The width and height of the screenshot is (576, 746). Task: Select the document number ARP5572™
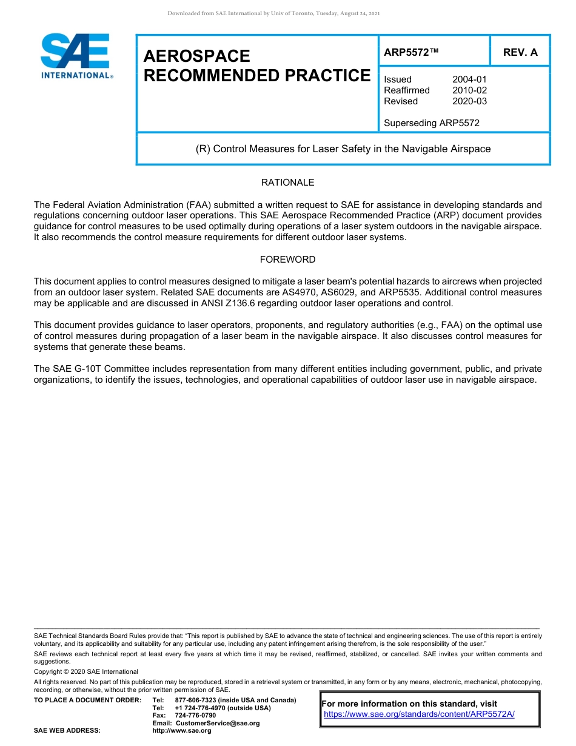tap(410, 53)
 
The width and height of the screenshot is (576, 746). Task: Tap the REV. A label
tap(520, 53)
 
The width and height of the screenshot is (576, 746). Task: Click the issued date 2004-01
tap(469, 79)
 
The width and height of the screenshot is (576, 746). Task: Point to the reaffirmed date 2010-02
tap(469, 90)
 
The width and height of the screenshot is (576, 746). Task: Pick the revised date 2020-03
tap(469, 101)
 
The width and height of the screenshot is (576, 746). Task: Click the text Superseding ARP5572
tap(432, 123)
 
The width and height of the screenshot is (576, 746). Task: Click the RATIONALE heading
tap(287, 183)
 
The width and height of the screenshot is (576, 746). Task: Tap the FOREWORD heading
tap(287, 260)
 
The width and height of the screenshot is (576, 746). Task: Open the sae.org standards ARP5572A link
tap(419, 714)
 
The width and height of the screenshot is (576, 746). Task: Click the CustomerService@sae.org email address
tap(217, 723)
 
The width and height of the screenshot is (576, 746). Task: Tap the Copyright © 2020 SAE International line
tap(86, 671)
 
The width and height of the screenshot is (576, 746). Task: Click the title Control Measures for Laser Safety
tap(343, 149)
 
